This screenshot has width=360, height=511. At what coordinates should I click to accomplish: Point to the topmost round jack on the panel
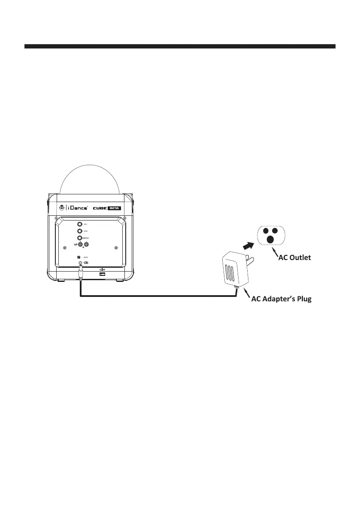click(x=80, y=224)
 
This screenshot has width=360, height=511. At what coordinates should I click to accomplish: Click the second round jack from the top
click(x=80, y=231)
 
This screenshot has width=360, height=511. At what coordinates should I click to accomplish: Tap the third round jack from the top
click(x=80, y=239)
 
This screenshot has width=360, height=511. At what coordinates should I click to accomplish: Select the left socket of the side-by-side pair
click(x=80, y=245)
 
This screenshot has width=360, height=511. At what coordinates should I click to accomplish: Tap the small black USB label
click(x=102, y=273)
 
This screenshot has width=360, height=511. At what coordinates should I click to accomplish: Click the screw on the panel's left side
click(x=64, y=248)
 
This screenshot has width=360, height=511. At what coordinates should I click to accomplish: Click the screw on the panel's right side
click(x=116, y=248)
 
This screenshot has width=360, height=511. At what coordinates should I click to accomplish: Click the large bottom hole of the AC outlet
click(x=270, y=239)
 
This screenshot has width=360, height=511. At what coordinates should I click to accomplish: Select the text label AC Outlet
click(x=296, y=257)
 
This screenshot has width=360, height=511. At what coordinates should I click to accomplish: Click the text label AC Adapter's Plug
click(x=281, y=299)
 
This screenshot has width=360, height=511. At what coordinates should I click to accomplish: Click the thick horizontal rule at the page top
click(x=180, y=46)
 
